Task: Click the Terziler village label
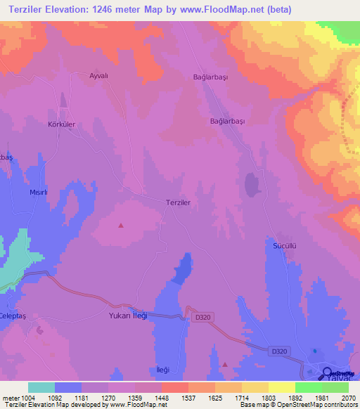click(x=179, y=202)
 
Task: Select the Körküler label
click(x=62, y=124)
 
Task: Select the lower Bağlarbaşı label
click(x=228, y=121)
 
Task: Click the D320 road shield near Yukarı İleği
click(x=202, y=318)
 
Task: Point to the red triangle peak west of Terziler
click(x=121, y=226)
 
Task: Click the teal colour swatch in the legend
click(x=41, y=387)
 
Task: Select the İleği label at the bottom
click(x=162, y=370)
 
